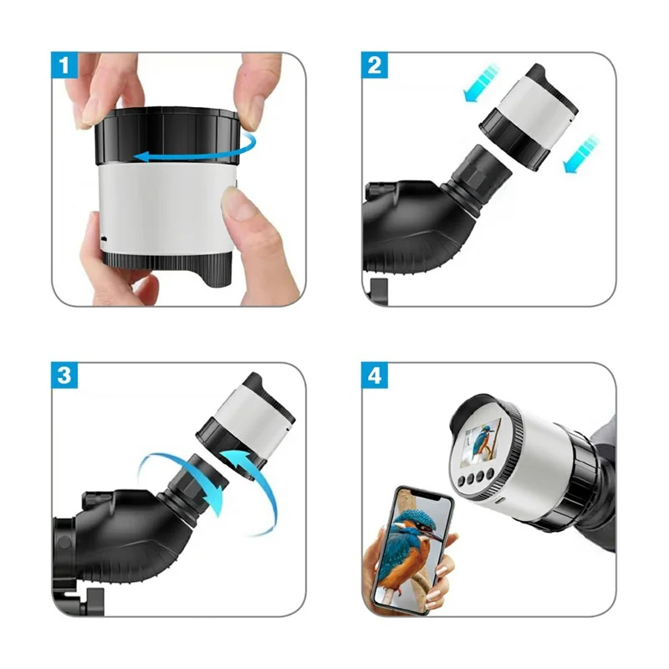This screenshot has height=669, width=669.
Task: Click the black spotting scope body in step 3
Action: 125,535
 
